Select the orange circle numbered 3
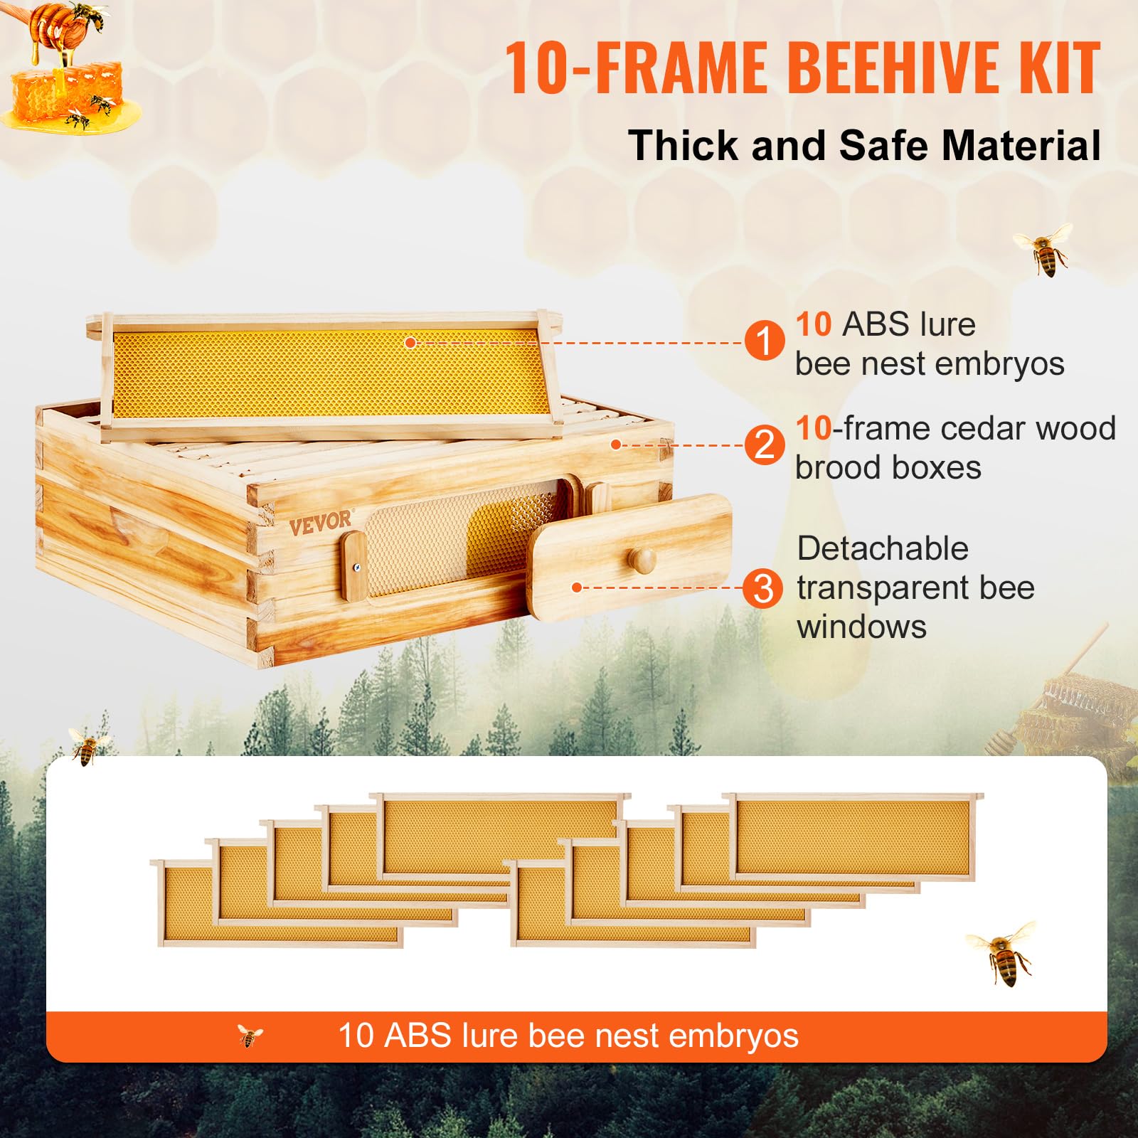(x=763, y=588)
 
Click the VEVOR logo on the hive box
(x=320, y=523)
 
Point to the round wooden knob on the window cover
(x=644, y=560)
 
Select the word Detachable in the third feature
(x=883, y=549)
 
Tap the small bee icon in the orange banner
(x=250, y=1036)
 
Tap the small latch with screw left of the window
(x=354, y=567)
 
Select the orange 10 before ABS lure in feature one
(x=813, y=324)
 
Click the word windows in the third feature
(x=861, y=627)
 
